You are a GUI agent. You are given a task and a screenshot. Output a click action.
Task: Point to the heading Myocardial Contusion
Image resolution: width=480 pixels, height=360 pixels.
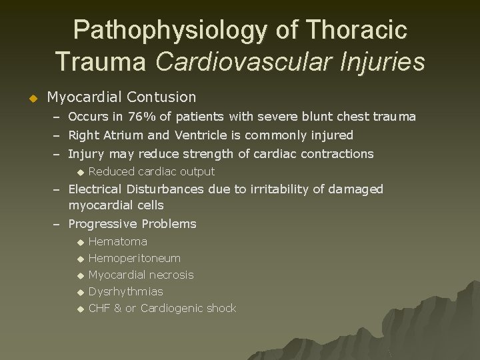click(x=121, y=97)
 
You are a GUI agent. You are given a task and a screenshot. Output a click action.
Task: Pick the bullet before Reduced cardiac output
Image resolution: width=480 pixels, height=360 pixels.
click(x=81, y=173)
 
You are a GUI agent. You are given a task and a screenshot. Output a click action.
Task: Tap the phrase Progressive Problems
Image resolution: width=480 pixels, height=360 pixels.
click(x=132, y=224)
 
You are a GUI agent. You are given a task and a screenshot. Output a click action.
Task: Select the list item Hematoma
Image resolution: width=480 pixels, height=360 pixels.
click(x=117, y=241)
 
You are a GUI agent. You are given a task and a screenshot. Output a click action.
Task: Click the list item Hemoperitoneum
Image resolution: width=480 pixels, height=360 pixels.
click(x=134, y=258)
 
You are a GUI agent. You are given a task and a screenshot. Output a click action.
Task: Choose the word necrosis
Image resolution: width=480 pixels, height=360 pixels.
click(x=171, y=275)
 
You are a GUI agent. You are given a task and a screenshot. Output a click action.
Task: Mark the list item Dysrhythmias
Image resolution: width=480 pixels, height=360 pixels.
click(x=125, y=291)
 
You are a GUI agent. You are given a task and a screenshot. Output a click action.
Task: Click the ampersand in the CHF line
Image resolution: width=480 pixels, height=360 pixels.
click(x=118, y=308)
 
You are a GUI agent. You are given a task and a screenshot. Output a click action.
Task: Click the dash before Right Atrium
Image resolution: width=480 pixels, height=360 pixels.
click(x=57, y=135)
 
